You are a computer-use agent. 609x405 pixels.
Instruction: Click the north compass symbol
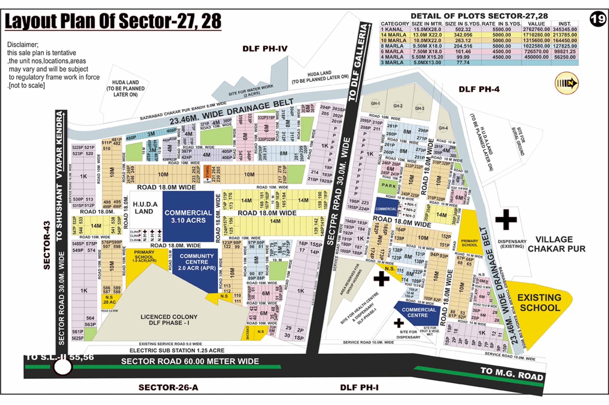point(566,83)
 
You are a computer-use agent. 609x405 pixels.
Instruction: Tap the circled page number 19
point(598,19)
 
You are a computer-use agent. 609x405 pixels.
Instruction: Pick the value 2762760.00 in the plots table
point(536,29)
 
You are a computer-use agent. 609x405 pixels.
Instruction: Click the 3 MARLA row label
point(392,62)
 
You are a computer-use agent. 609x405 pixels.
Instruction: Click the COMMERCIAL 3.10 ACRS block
point(188,216)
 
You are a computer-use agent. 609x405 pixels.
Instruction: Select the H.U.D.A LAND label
point(145,208)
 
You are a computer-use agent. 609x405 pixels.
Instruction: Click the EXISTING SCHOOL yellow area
point(539,303)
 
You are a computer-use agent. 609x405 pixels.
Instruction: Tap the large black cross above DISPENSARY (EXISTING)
point(506,220)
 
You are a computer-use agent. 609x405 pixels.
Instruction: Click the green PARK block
point(388,186)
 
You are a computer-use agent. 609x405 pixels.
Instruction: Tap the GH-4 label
point(443,128)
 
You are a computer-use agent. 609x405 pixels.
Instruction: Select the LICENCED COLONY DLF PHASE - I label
point(169,320)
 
